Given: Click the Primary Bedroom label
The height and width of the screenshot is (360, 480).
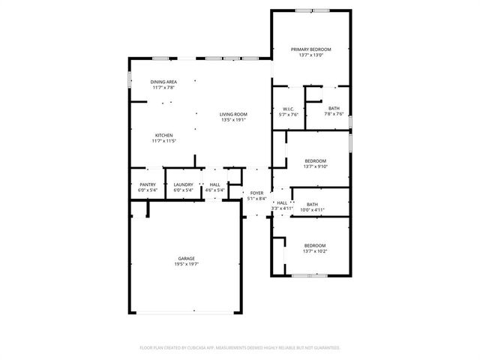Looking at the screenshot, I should click(x=311, y=49).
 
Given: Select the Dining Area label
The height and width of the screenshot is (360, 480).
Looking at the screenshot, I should click(x=163, y=82).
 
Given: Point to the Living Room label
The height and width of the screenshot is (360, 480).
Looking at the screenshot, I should click(x=233, y=114).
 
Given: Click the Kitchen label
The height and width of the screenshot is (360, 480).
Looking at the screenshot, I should click(x=163, y=135).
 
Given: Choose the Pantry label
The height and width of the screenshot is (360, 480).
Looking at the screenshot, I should click(x=147, y=184).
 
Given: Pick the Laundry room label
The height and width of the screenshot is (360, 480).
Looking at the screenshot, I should click(x=184, y=184).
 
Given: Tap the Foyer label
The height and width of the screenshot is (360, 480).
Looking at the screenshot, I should click(x=257, y=193).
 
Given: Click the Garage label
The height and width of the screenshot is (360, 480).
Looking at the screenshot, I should click(x=187, y=258).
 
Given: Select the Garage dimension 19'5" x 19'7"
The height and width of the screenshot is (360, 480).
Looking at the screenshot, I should click(x=187, y=264).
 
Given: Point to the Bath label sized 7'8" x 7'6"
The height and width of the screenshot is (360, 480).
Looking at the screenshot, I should click(x=334, y=109).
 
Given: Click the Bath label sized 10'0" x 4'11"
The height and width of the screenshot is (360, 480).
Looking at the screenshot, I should click(x=312, y=204).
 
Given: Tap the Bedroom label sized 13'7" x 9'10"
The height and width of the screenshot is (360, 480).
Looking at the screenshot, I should click(x=315, y=160).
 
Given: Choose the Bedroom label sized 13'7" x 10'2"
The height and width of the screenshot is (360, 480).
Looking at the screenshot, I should click(x=315, y=245).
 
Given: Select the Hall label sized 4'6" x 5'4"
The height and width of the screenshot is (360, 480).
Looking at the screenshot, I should click(x=215, y=184).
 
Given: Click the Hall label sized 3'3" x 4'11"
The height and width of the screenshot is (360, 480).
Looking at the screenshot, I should click(x=282, y=202).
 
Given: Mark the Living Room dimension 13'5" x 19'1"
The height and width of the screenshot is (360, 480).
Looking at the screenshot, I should click(x=233, y=120).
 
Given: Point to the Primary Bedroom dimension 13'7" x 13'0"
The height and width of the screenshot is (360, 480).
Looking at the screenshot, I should click(x=311, y=55).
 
